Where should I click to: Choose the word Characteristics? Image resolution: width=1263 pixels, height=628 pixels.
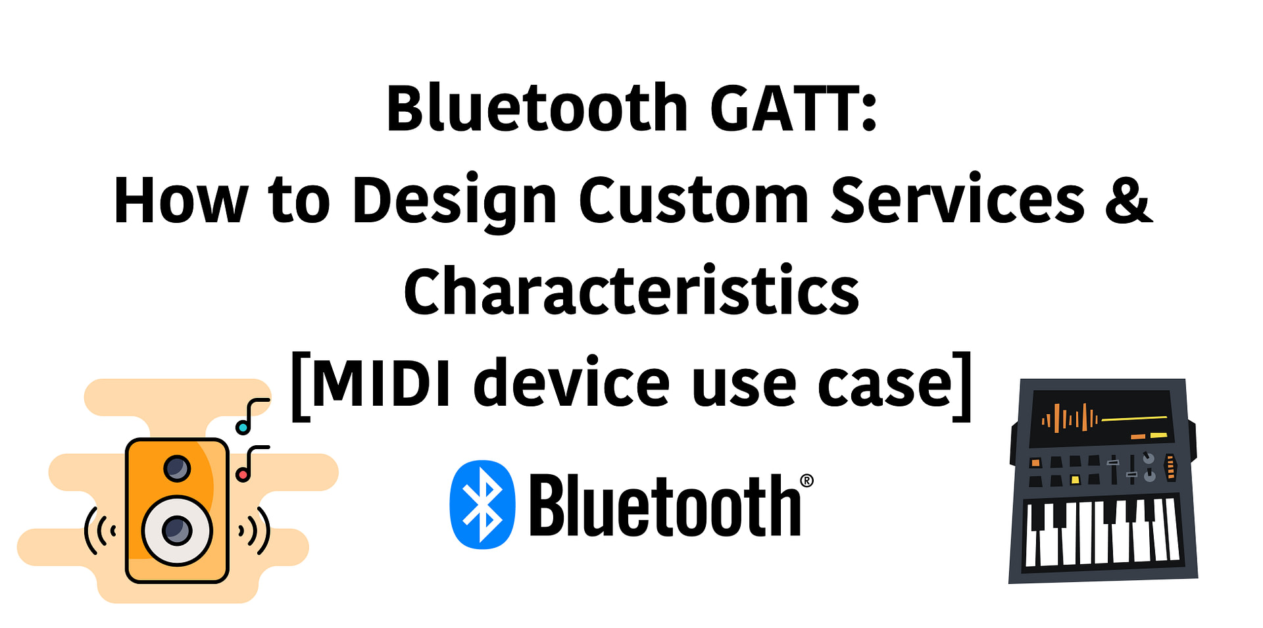(631, 291)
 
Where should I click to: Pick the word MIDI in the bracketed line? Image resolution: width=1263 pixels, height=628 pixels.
(382, 383)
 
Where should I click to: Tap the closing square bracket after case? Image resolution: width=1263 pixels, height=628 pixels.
(962, 386)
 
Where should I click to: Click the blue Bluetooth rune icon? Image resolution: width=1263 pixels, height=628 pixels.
(482, 504)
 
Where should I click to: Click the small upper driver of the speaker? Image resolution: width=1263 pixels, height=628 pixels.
(176, 469)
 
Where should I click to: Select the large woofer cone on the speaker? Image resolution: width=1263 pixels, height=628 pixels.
(176, 530)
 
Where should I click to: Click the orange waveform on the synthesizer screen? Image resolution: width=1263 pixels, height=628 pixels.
(1070, 418)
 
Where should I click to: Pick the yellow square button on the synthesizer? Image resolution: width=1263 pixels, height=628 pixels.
(1075, 479)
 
